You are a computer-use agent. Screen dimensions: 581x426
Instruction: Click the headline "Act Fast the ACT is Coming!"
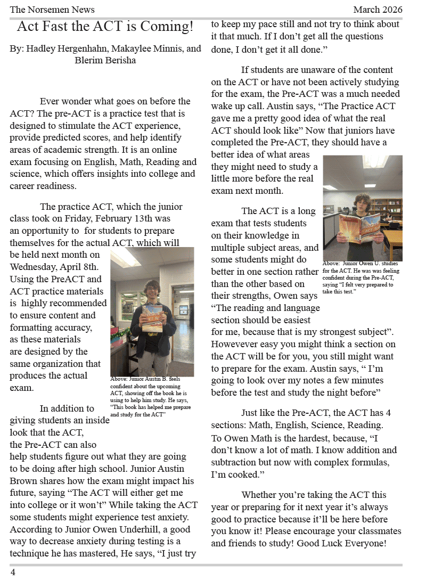pos(105,26)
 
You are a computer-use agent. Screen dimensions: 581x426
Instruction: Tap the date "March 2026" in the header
pos(378,10)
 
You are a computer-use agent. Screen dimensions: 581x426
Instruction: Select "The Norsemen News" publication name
pos(52,10)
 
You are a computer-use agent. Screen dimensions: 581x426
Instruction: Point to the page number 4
pos(13,572)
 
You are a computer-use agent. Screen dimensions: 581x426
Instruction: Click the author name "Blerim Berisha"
pos(105,60)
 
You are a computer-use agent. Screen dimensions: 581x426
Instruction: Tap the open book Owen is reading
pos(363,228)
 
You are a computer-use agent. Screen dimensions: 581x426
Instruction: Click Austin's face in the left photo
pos(152,291)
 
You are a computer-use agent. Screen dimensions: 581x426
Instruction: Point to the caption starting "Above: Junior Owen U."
pos(362,277)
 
